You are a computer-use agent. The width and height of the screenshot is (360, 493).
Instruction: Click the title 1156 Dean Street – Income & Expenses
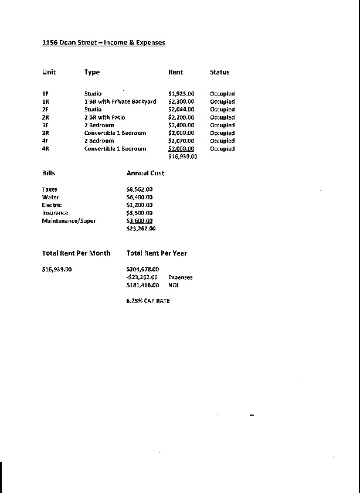[x=103, y=43]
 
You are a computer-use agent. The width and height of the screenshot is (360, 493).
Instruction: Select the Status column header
[x=219, y=72]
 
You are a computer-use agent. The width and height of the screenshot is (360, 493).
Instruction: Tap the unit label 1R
[x=45, y=101]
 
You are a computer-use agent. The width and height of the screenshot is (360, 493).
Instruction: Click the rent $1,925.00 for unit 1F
[x=181, y=94]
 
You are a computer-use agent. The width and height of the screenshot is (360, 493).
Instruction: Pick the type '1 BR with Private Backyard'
[x=120, y=101]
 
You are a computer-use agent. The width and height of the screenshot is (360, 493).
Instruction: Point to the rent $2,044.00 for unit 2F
[x=181, y=110]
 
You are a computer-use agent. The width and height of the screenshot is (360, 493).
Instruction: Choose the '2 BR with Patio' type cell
[x=104, y=117]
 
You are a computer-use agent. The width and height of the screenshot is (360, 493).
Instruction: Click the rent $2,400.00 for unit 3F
[x=181, y=125]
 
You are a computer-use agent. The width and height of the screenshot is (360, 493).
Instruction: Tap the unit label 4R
[x=45, y=149]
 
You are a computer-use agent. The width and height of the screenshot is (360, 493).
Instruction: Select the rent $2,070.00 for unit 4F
[x=181, y=141]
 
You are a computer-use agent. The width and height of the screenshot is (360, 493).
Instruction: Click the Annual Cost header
[x=145, y=173]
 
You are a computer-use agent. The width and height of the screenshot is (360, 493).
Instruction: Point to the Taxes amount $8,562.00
[x=139, y=189]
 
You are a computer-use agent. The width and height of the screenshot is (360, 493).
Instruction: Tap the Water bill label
[x=50, y=198]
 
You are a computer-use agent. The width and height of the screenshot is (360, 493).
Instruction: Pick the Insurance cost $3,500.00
[x=139, y=213]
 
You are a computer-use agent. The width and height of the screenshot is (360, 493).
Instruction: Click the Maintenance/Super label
[x=69, y=221]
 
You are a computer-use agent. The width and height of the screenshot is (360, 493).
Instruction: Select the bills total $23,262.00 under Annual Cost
[x=141, y=229]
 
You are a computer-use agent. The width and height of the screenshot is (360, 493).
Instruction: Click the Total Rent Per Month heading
[x=76, y=253]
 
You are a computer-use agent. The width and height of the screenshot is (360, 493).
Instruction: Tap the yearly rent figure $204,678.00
[x=142, y=269]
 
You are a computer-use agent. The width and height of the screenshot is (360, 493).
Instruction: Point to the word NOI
[x=174, y=285]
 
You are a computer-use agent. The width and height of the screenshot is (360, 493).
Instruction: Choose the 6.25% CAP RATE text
[x=148, y=301]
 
